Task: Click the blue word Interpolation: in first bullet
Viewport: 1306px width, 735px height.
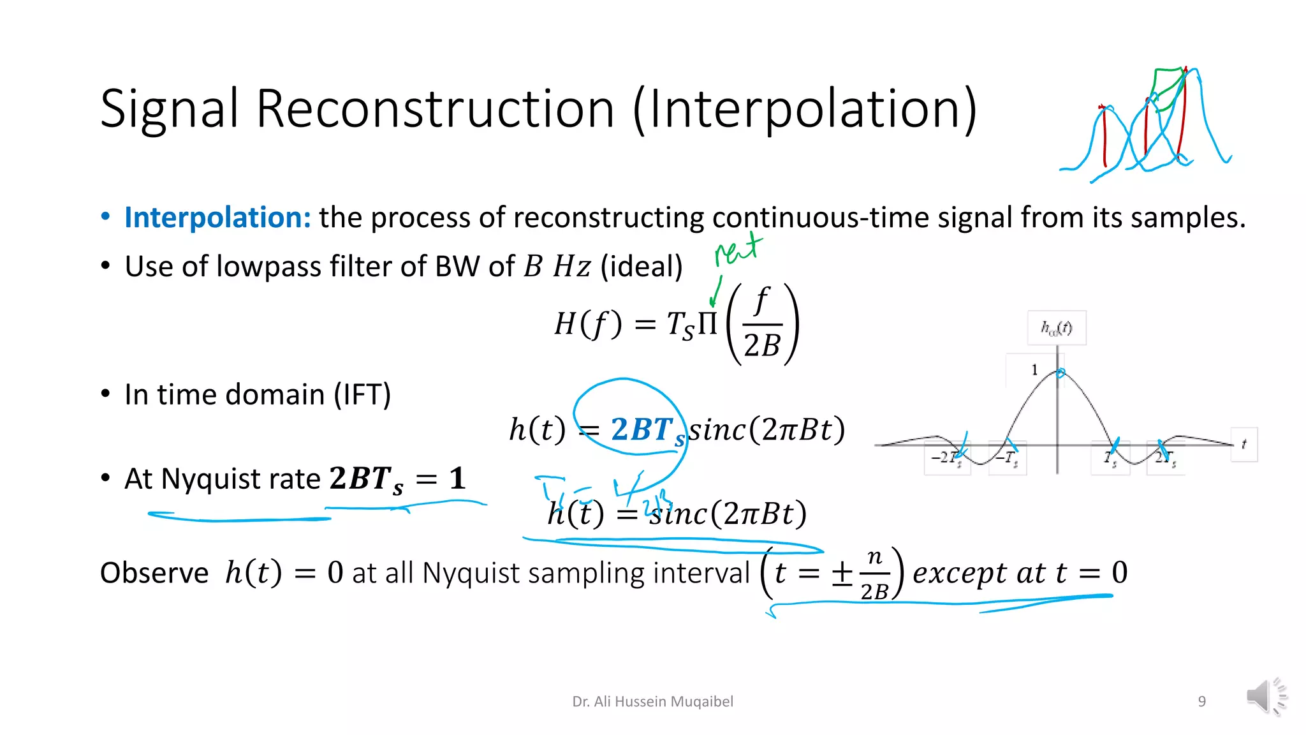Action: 217,218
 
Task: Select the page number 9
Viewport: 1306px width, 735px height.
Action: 1201,702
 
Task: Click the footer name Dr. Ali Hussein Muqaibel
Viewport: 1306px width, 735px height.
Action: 652,702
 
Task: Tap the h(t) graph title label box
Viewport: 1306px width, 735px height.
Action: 1057,328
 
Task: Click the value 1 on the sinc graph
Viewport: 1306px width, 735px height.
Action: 1034,370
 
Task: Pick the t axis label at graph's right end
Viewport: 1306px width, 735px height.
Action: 1244,444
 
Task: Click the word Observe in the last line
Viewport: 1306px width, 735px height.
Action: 154,573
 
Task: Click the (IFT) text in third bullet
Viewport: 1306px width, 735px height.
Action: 362,395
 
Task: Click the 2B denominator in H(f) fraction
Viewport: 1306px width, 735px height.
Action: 762,346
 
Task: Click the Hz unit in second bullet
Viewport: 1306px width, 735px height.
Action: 571,267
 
